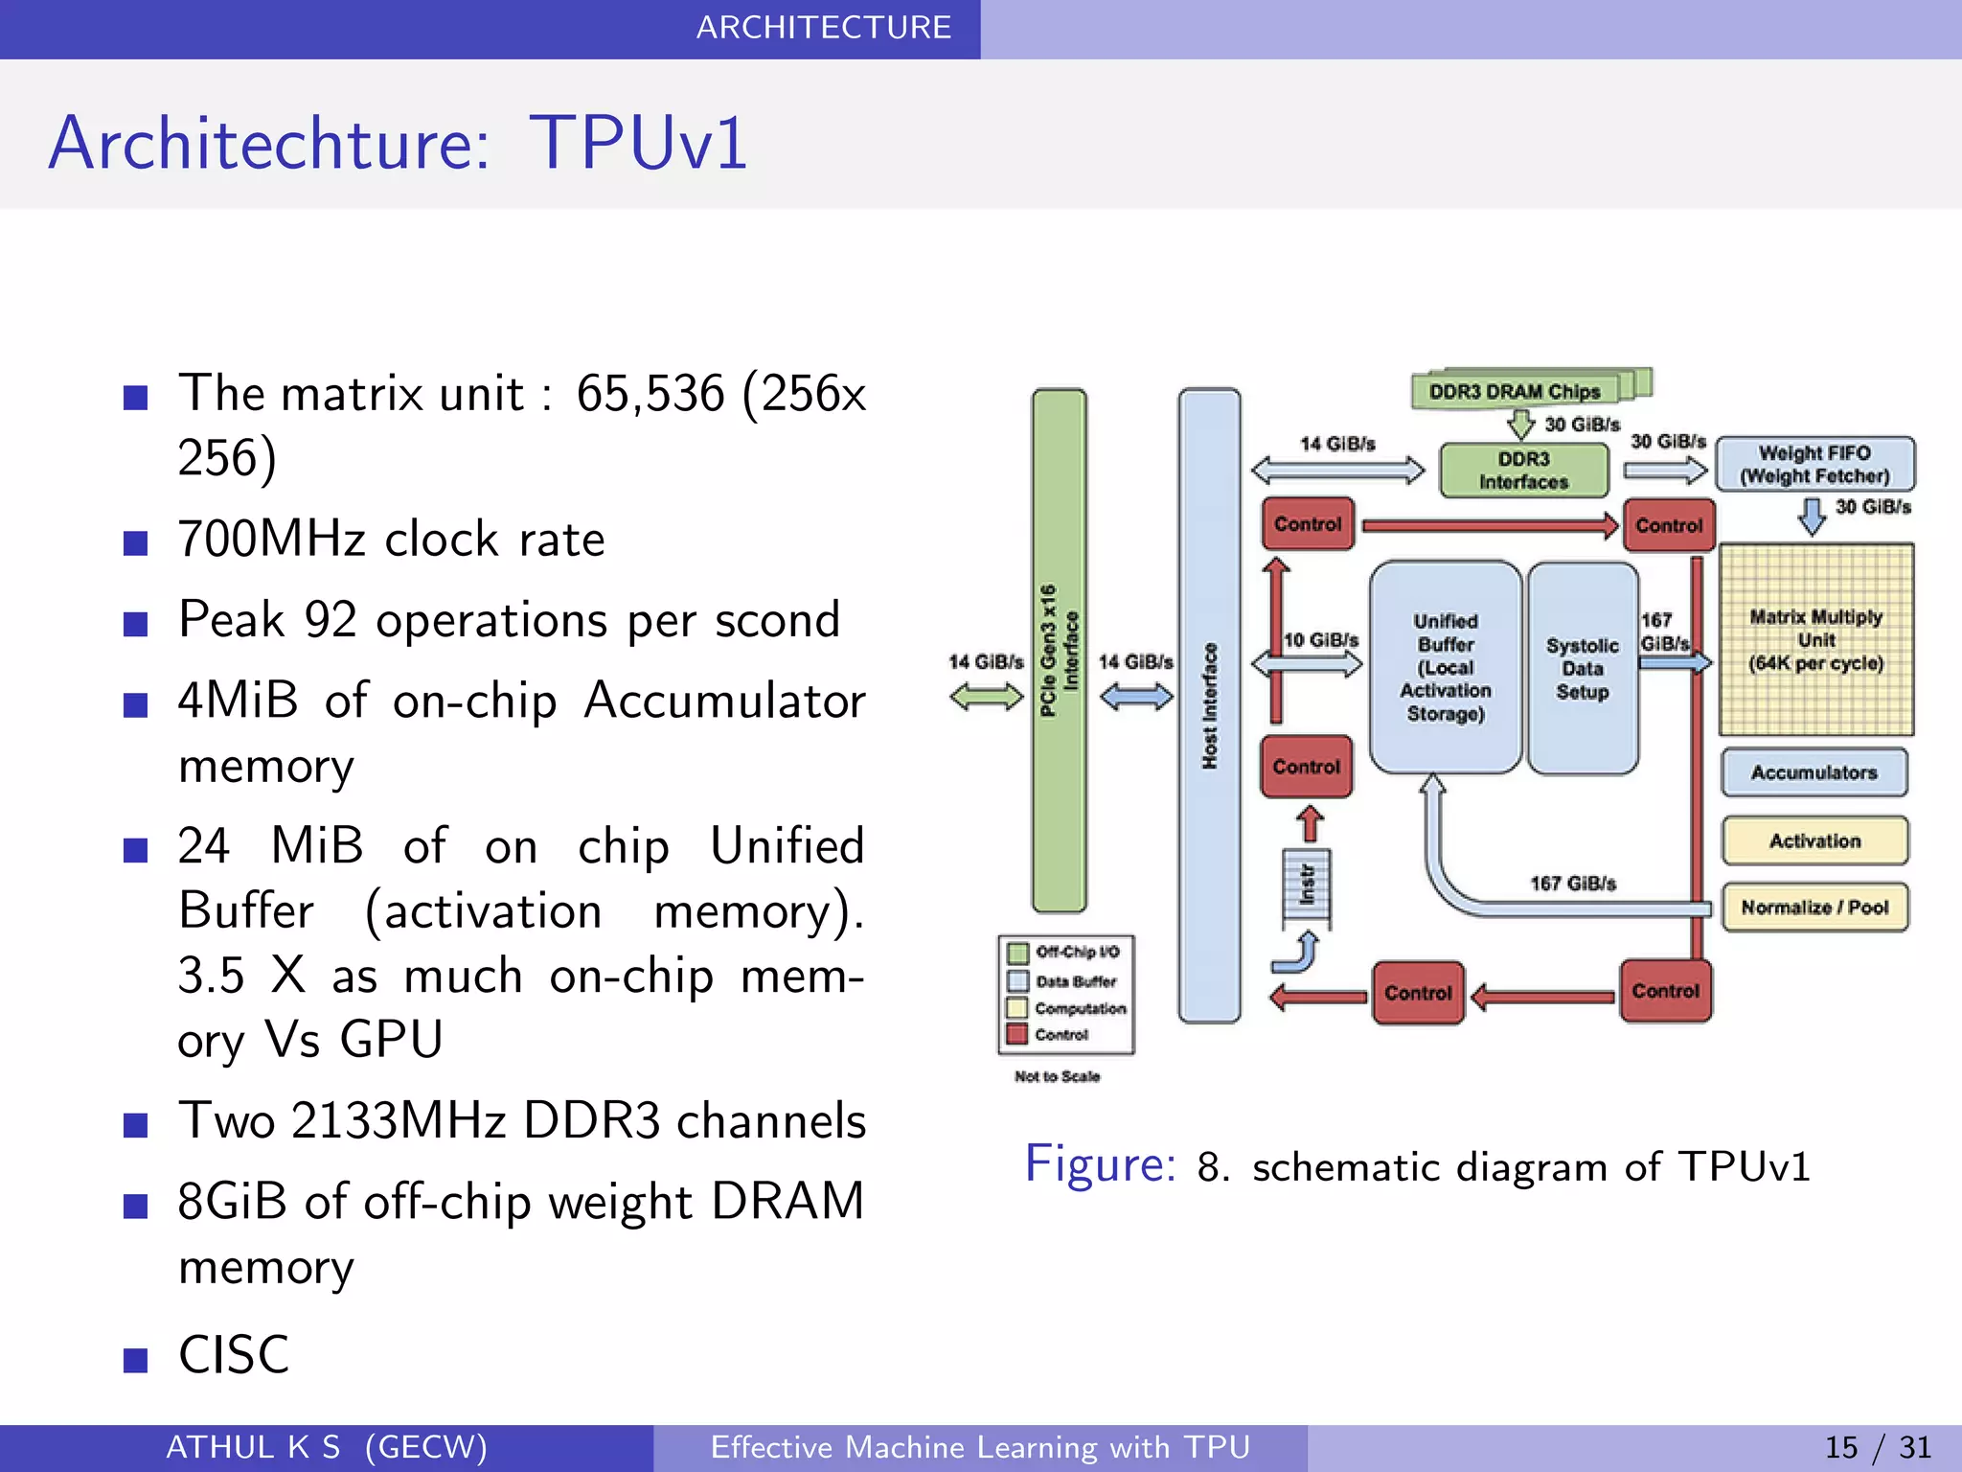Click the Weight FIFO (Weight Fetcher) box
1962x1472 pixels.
click(x=1814, y=465)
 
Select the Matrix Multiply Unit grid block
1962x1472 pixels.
click(x=1815, y=639)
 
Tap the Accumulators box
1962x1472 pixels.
click(x=1814, y=772)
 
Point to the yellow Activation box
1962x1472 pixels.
click(x=1814, y=840)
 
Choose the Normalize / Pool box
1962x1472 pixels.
click(x=1814, y=907)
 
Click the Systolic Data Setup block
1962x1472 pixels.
click(x=1582, y=668)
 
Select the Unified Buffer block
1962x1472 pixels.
click(x=1445, y=667)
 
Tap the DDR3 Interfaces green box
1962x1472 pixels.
click(x=1523, y=471)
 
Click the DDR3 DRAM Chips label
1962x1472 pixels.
click(x=1515, y=391)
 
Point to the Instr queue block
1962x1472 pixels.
click(x=1306, y=887)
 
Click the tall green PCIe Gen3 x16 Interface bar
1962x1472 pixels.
click(x=1059, y=650)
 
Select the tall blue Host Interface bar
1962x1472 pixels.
click(x=1209, y=704)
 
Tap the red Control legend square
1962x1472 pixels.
click(x=1017, y=1034)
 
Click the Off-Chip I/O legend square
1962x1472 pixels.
click(x=1017, y=952)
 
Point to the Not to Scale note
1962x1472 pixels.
click(x=1057, y=1076)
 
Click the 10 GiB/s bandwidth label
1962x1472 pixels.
click(x=1321, y=639)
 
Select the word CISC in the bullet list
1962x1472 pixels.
click(x=233, y=1355)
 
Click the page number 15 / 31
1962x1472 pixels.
click(x=1877, y=1447)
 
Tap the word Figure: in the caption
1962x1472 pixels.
click(x=1100, y=1164)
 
